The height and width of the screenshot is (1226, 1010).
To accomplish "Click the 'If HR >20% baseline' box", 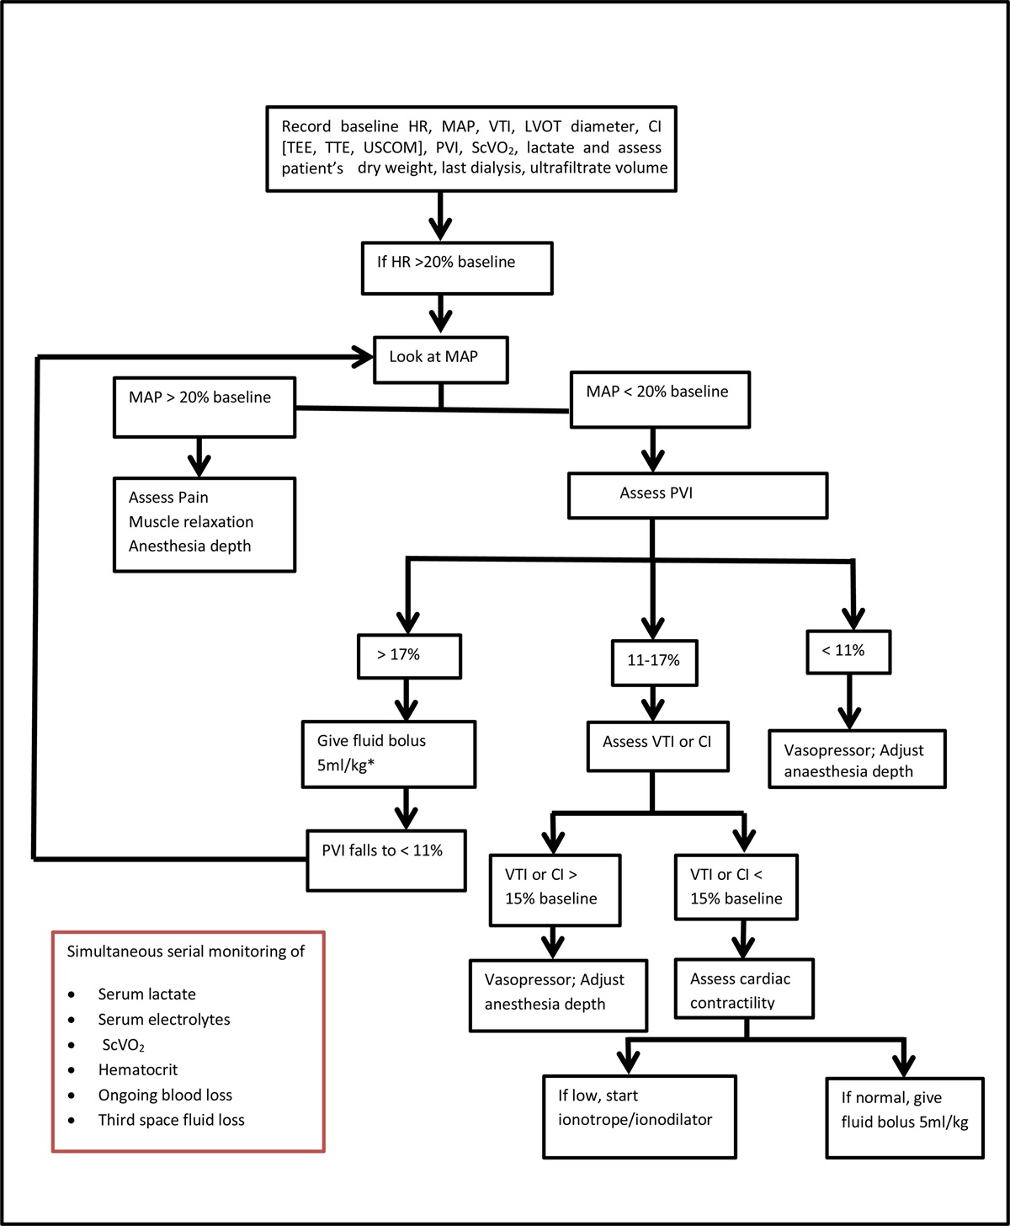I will tap(457, 269).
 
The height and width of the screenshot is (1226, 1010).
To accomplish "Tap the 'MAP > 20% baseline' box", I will tap(205, 406).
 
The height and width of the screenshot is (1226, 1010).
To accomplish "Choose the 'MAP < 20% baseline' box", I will tap(660, 399).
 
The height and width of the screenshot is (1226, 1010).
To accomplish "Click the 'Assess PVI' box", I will tap(698, 494).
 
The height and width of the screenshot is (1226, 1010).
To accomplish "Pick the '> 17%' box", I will tap(409, 656).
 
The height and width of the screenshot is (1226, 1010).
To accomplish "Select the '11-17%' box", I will tap(654, 662).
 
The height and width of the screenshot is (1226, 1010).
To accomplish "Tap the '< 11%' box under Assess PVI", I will tap(848, 652).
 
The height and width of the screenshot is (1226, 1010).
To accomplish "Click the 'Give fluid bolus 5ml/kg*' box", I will tap(389, 754).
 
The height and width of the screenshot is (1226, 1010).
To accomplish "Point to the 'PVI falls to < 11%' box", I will tap(386, 860).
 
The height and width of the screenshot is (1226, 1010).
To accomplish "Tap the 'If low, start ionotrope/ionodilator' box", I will tap(640, 1116).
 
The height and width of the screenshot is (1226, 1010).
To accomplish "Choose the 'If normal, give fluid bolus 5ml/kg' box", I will tap(905, 1117).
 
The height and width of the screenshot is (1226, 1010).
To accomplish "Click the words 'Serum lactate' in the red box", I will tap(146, 994).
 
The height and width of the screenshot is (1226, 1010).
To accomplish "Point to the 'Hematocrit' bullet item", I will tap(137, 1070).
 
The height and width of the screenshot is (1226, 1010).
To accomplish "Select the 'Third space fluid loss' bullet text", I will tap(171, 1121).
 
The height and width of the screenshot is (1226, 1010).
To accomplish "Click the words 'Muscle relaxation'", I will tap(191, 522).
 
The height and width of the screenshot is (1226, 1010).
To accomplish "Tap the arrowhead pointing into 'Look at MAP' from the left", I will tap(363, 358).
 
